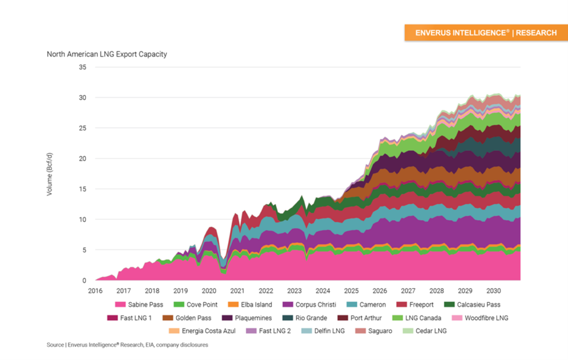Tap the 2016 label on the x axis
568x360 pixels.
(x=95, y=291)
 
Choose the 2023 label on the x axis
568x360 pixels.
(x=294, y=291)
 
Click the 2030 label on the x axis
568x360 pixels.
(x=493, y=291)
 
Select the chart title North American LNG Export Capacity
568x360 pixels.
(x=106, y=54)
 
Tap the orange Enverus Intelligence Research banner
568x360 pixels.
(x=486, y=33)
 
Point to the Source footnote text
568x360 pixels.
(x=127, y=345)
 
